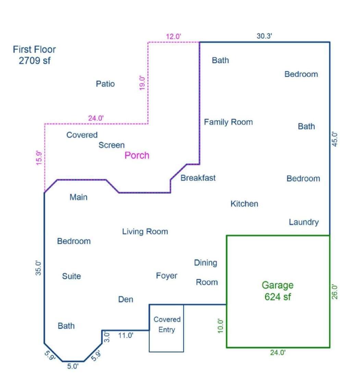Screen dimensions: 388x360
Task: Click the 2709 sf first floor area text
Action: click(x=34, y=61)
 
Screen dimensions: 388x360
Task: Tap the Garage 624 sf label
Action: click(x=277, y=291)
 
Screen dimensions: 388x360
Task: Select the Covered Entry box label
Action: click(x=167, y=324)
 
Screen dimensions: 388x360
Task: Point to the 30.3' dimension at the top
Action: click(x=264, y=36)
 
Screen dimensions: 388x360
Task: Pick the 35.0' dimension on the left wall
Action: click(x=39, y=268)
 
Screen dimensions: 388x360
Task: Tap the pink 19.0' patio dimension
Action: click(x=142, y=83)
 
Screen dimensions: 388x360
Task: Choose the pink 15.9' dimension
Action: click(x=39, y=158)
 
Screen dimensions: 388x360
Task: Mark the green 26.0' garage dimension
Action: click(x=335, y=292)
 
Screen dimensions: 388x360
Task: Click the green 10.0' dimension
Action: click(x=221, y=326)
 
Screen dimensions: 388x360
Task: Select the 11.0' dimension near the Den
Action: click(x=126, y=335)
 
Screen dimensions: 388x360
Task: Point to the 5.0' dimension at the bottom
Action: click(x=73, y=366)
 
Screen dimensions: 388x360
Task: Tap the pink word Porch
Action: click(x=137, y=155)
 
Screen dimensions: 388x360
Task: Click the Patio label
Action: click(x=105, y=84)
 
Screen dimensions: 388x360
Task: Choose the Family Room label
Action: click(x=228, y=122)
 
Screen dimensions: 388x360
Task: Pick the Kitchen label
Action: click(x=244, y=204)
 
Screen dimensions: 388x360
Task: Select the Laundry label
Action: click(x=303, y=222)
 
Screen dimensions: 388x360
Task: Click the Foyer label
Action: click(x=166, y=276)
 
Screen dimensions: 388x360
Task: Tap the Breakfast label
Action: click(x=198, y=178)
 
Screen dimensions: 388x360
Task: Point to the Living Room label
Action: click(x=145, y=232)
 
